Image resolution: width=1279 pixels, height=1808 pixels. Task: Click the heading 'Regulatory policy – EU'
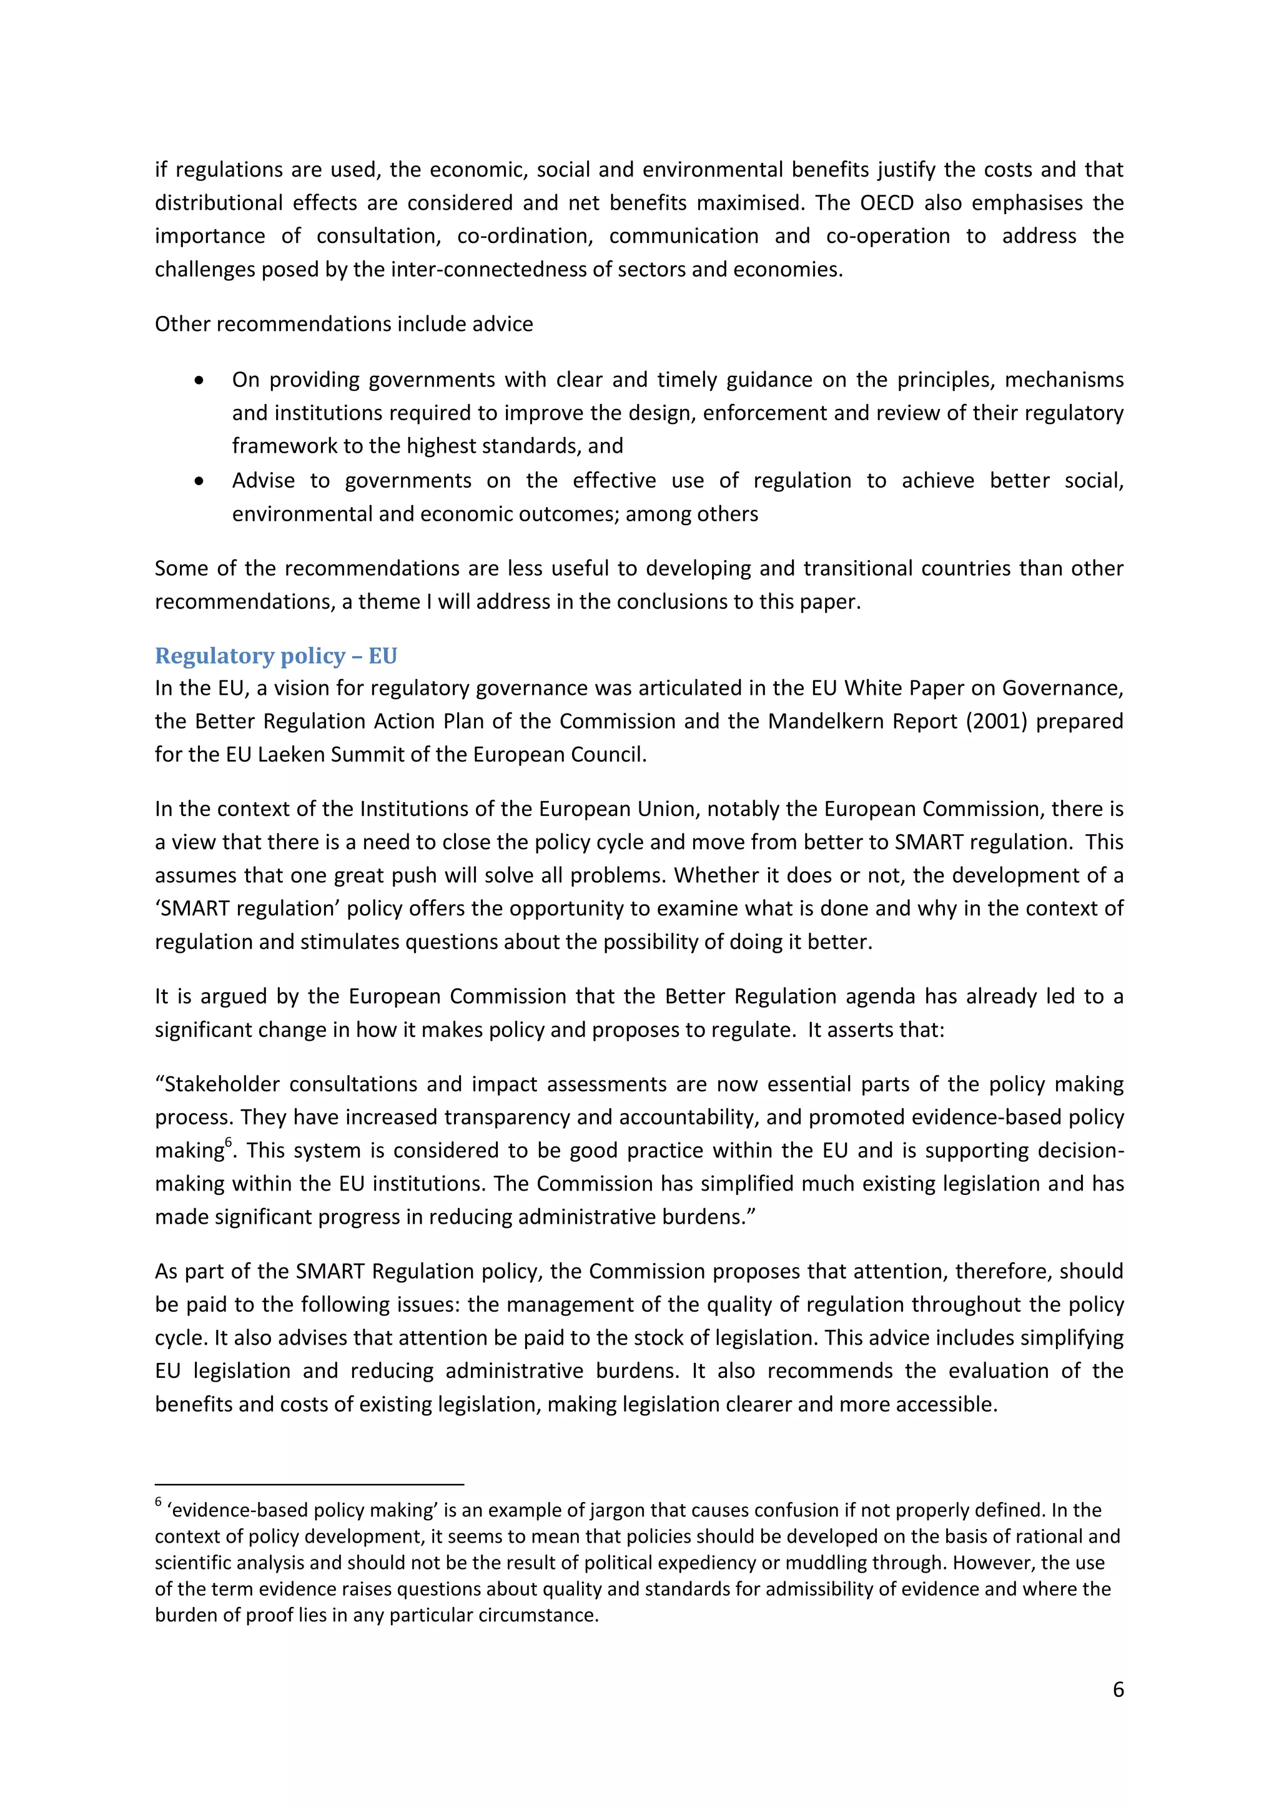(x=275, y=656)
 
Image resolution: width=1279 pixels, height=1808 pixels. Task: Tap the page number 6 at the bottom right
(x=1117, y=1689)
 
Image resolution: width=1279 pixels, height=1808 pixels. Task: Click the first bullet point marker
(x=199, y=380)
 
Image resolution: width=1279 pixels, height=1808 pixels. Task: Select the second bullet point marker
(x=199, y=481)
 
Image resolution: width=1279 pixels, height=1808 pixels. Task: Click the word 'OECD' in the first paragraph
(x=886, y=203)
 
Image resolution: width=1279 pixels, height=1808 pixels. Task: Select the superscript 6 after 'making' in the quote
(x=229, y=1142)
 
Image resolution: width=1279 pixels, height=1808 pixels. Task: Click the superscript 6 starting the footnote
(x=158, y=1501)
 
